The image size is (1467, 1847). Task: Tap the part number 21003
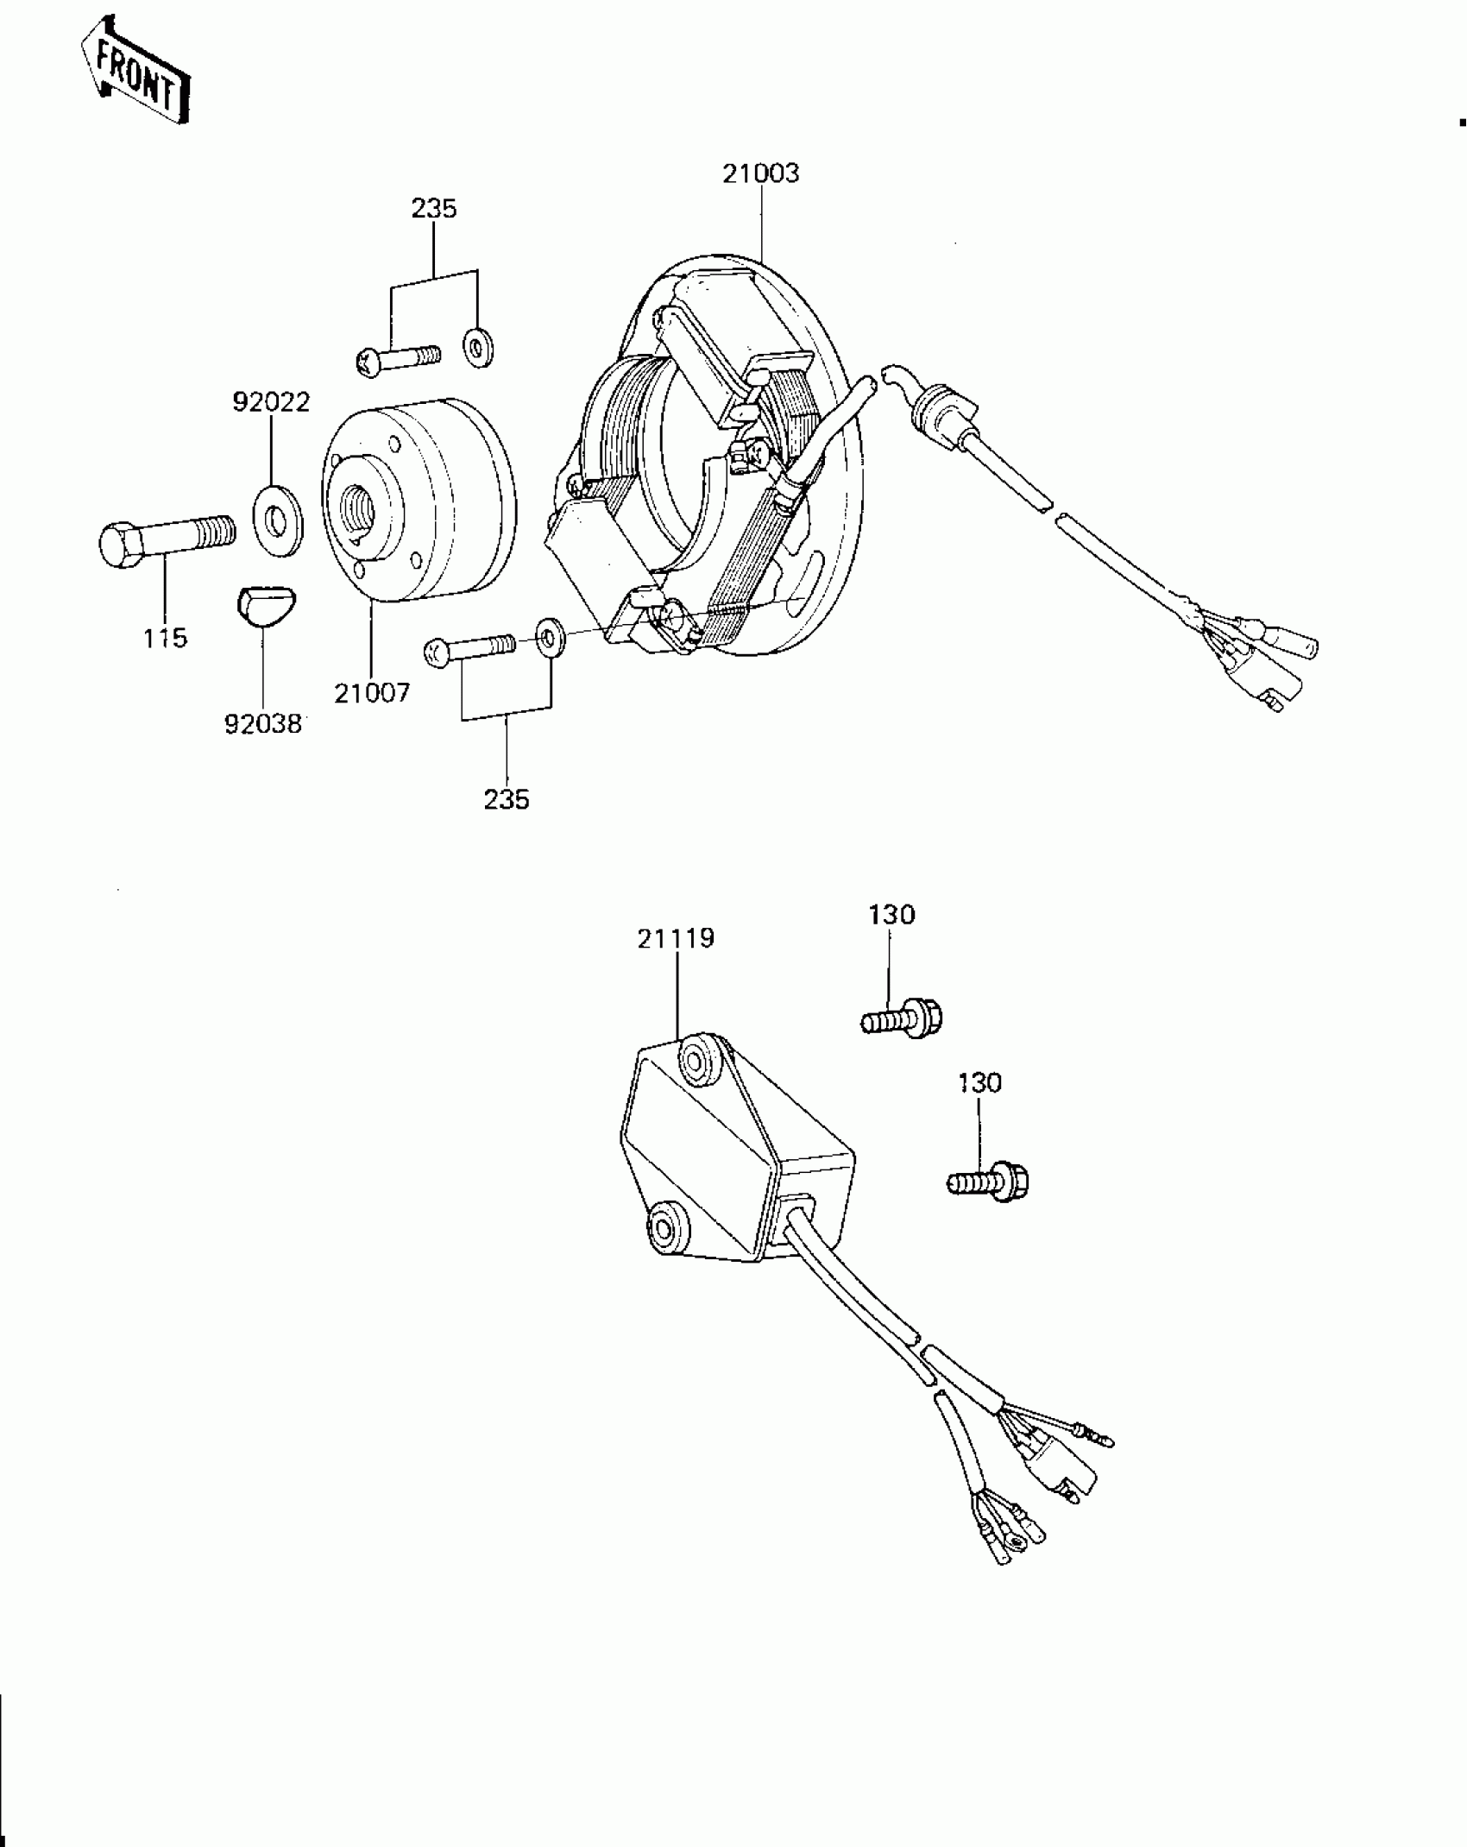coord(760,173)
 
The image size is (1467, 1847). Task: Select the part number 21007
coord(372,692)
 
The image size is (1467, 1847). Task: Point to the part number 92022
coord(271,402)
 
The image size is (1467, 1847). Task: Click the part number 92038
coord(263,724)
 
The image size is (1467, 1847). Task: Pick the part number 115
coord(165,639)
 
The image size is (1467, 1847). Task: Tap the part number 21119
coord(676,938)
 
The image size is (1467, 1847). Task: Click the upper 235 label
coord(433,209)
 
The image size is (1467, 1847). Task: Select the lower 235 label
coord(506,799)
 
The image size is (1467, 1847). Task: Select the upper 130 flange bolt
coord(903,1018)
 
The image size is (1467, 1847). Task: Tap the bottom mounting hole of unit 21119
coord(665,1227)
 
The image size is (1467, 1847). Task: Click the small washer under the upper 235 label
coord(475,347)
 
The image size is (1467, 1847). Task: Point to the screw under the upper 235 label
coord(398,358)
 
